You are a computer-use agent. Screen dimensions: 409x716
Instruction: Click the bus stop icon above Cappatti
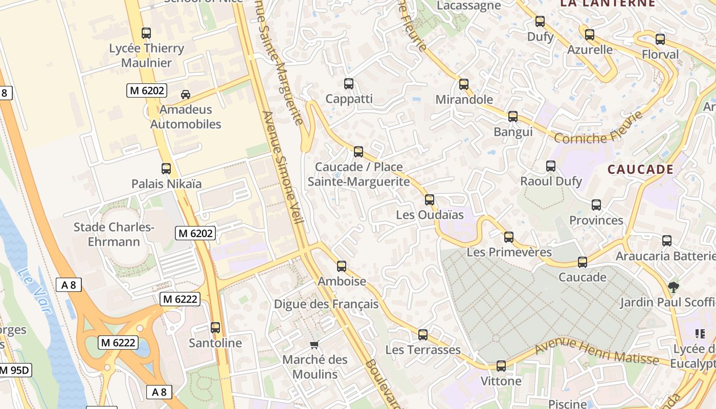tap(349, 84)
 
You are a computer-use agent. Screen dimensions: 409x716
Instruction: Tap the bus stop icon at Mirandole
tap(464, 84)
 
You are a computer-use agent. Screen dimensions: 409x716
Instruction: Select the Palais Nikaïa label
tap(166, 184)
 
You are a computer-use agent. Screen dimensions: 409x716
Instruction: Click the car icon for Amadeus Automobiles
tap(186, 95)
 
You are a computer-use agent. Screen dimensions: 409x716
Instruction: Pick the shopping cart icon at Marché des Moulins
tap(315, 345)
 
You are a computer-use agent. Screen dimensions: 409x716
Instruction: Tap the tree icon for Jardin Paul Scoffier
tap(674, 287)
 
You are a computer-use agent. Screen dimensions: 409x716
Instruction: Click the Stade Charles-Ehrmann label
tap(114, 234)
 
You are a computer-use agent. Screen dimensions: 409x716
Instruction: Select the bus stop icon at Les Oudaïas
tap(430, 200)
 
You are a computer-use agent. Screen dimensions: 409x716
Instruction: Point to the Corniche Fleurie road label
tap(598, 129)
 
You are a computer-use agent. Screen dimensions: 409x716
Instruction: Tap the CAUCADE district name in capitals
tap(640, 170)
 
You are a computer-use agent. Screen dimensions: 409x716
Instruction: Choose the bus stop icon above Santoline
tap(215, 328)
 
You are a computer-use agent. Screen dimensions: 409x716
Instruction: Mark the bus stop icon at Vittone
tap(501, 366)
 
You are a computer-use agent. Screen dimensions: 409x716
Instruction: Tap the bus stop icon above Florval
tap(660, 39)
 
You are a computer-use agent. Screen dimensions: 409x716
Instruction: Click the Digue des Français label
tap(326, 304)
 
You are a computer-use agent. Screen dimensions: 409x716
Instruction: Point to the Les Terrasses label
tap(423, 350)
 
